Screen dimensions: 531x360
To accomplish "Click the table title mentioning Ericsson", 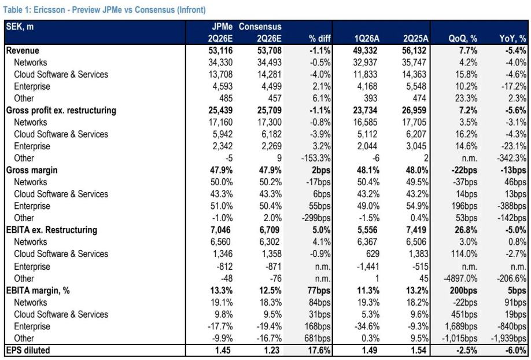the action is coord(104,9).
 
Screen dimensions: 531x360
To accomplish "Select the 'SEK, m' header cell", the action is coord(20,27).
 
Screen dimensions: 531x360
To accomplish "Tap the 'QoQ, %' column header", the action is coord(463,39).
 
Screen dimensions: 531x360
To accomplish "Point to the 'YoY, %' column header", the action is coord(512,39).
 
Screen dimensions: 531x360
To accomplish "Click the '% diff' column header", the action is coord(319,39).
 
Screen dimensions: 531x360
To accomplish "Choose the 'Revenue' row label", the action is coord(23,50).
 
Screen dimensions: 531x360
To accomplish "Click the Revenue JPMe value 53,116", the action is coord(220,50).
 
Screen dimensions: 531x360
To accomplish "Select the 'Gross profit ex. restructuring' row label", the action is coord(61,111).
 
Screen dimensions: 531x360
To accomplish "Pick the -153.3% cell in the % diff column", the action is coord(316,159).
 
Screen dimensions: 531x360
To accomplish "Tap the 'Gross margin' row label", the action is coord(32,170).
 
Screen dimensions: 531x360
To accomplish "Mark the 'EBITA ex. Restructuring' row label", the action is coord(51,230).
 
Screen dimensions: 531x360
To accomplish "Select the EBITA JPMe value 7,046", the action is coord(220,230).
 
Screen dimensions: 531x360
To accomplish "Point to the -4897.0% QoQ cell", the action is coord(460,278).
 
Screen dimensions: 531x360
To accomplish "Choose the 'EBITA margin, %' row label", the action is coord(38,291).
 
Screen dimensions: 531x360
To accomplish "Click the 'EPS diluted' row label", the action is coord(28,350).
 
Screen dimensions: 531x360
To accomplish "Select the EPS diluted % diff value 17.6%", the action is coord(319,350).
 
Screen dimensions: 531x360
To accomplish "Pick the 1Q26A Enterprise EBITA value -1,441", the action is coord(368,267).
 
